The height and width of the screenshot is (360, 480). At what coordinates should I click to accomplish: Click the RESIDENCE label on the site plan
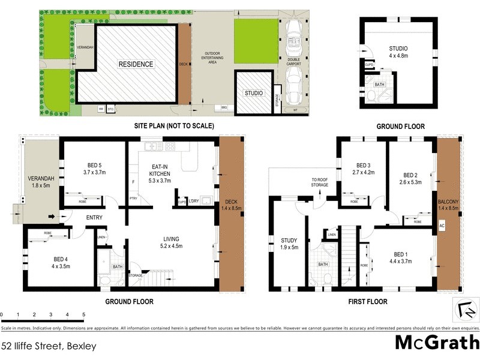click(135, 64)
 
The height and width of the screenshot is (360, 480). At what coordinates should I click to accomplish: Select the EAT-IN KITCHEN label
click(159, 170)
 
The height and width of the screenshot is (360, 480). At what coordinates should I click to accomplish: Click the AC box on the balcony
click(442, 226)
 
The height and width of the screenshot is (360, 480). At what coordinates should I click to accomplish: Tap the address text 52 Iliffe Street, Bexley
click(49, 346)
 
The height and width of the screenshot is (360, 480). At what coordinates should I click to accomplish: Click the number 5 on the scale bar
click(83, 314)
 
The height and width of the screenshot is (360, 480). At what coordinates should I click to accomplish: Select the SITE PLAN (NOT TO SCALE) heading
click(173, 126)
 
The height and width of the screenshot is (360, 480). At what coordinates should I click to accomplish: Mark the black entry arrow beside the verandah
click(52, 217)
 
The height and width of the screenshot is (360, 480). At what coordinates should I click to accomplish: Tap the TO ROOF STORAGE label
click(319, 182)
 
